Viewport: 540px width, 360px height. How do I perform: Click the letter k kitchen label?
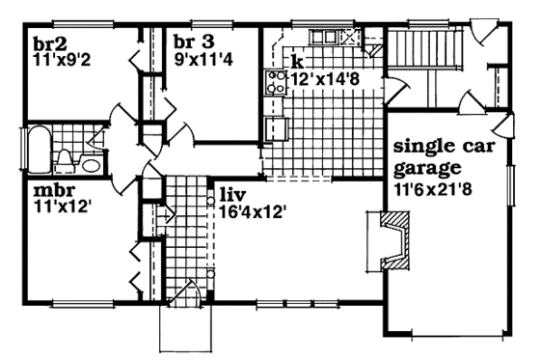click(298, 61)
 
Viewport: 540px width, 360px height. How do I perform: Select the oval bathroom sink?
click(90, 164)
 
